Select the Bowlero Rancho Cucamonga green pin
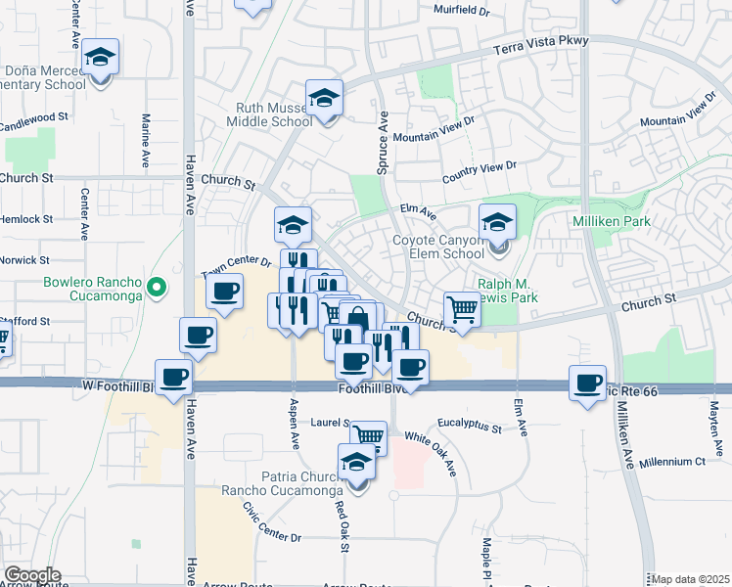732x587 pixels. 156,287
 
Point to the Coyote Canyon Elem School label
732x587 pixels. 439,246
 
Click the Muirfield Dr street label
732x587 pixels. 462,11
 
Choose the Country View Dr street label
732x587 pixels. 479,172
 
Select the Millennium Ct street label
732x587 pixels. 672,461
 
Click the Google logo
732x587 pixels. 31,575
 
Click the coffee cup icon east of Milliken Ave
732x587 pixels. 587,382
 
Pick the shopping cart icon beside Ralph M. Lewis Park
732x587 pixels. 462,309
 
